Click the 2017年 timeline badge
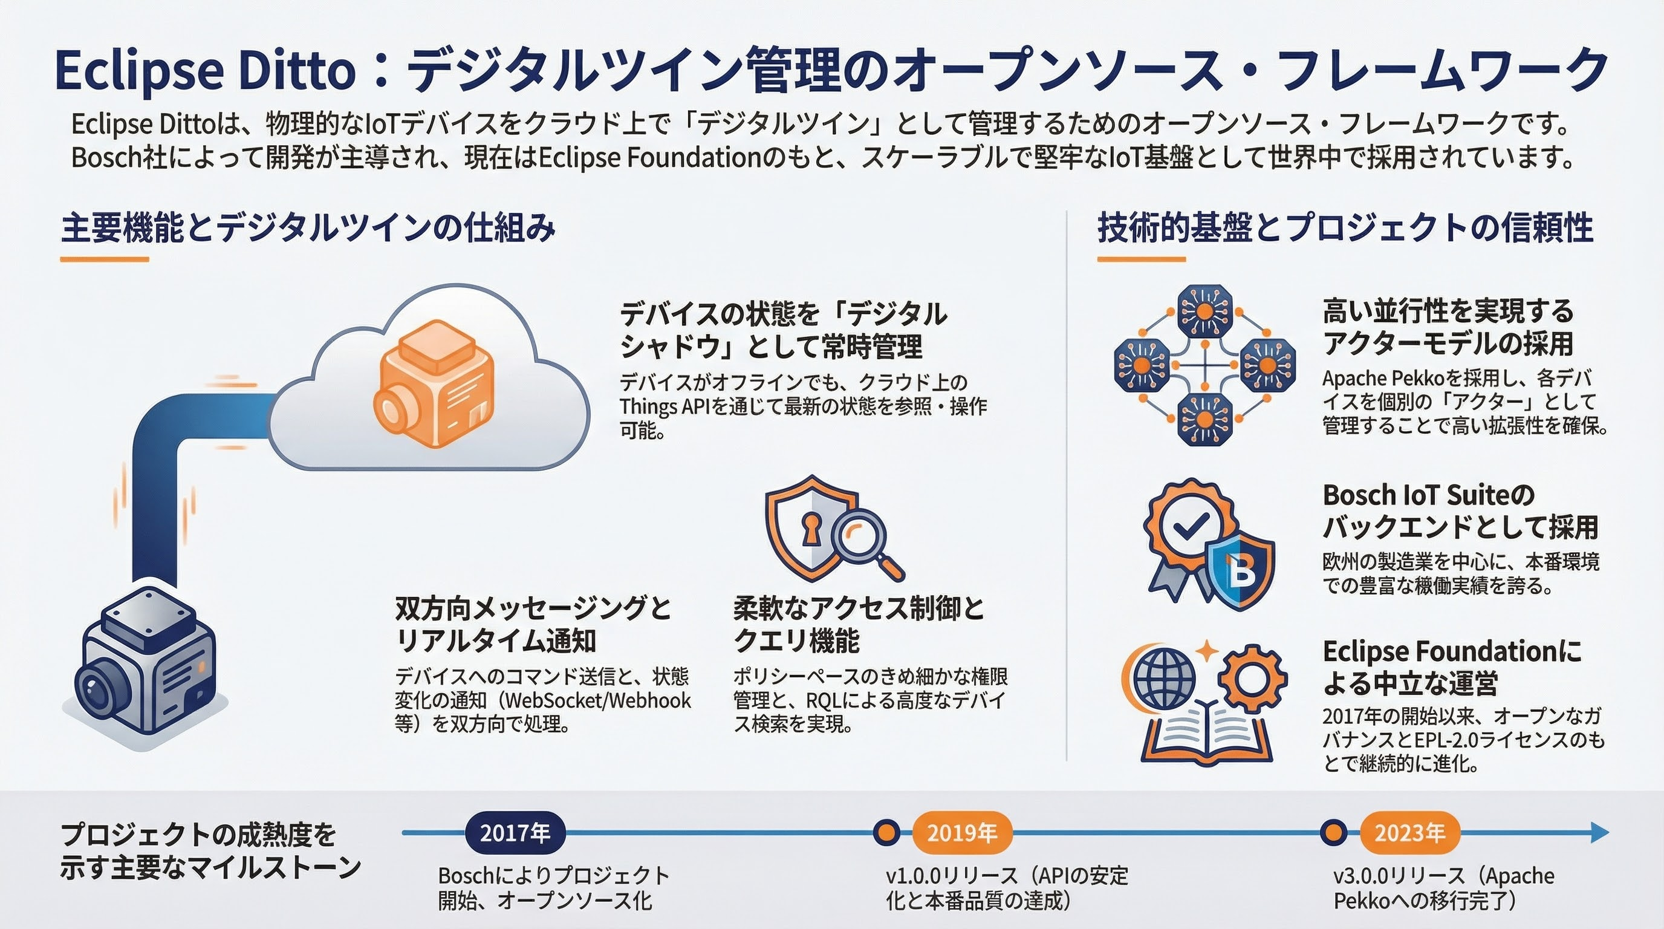[515, 833]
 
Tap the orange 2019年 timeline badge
[962, 833]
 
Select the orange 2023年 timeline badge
[1409, 833]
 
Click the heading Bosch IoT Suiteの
[1428, 495]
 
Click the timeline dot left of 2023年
[1333, 832]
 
